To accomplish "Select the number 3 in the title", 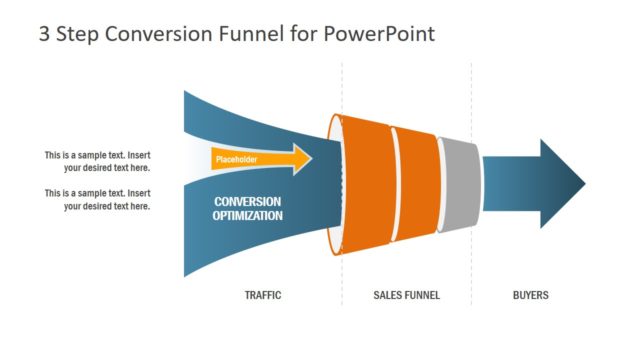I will point(44,34).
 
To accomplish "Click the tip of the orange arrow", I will point(309,159).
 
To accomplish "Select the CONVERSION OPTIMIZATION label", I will point(247,208).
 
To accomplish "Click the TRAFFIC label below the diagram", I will point(263,296).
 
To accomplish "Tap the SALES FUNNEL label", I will point(406,296).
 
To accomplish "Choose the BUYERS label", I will point(530,296).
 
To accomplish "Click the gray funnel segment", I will point(457,184).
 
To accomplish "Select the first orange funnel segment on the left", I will point(366,184).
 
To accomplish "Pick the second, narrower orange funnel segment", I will point(415,184).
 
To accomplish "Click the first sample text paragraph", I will point(97,162).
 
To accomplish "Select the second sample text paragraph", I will point(97,199).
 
